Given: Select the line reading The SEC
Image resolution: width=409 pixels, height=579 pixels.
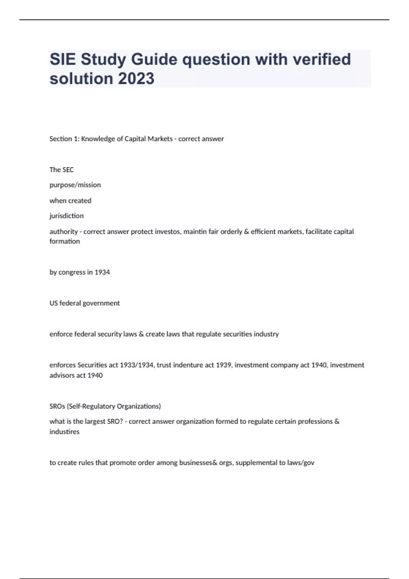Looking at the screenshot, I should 61,170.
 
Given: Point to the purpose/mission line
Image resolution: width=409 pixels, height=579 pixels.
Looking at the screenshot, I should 75,185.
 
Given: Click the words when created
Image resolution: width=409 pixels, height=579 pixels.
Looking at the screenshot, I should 70,201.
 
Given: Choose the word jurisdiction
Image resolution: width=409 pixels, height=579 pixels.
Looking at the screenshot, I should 66,216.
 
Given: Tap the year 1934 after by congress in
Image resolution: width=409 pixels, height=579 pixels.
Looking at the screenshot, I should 102,272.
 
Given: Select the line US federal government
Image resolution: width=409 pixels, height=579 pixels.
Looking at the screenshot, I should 85,303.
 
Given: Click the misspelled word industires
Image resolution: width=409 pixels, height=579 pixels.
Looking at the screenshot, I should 64,432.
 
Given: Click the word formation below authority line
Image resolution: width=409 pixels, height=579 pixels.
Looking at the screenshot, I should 65,241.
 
